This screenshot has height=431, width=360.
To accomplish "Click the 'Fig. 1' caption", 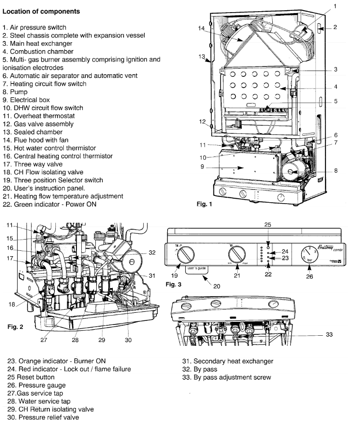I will (207, 204).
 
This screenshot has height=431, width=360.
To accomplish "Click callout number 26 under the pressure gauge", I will (310, 276).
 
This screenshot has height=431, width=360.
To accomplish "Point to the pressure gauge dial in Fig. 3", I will (310, 255).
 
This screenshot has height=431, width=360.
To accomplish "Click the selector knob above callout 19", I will (184, 256).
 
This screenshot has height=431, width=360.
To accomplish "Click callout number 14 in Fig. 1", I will (202, 28).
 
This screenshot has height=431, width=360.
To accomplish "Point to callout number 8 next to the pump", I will (336, 171).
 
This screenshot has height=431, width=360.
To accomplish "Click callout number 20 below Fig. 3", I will (216, 286).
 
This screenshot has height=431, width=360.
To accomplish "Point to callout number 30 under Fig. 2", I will (128, 340).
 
